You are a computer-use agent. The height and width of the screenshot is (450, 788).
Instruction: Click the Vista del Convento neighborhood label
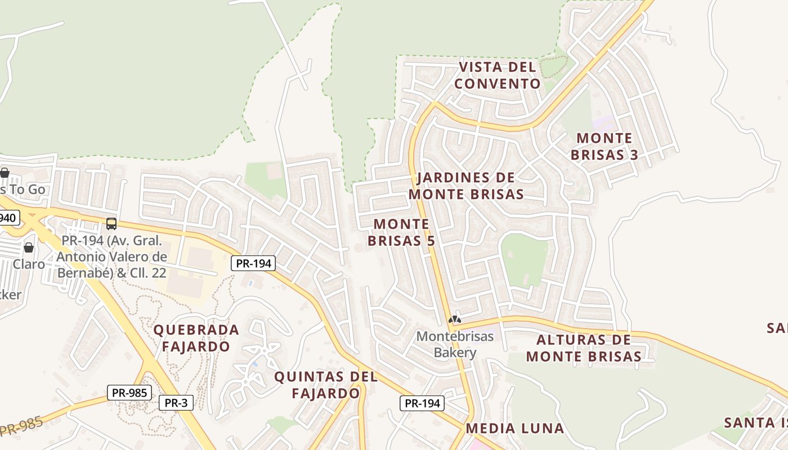coord(498,75)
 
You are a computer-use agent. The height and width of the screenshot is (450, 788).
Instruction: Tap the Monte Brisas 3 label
coord(605,146)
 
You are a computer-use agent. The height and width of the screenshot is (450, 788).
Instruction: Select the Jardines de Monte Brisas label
coord(466,186)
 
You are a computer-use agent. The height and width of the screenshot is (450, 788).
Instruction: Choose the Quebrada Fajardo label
coord(196,338)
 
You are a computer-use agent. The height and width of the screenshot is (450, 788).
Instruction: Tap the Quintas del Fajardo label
coord(325,385)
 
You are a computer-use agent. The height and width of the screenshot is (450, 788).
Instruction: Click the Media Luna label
coord(514,429)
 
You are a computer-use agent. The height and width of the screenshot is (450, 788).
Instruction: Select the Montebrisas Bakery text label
coord(455,344)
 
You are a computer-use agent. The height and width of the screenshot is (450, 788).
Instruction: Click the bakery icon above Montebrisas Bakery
coord(454,319)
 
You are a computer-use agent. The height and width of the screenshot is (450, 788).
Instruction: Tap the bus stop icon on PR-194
coord(111,224)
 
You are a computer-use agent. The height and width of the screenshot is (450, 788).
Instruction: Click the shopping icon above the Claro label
coord(29,247)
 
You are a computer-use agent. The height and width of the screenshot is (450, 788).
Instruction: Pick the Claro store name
coord(29,264)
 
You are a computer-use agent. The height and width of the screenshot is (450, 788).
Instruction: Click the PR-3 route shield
coord(176,403)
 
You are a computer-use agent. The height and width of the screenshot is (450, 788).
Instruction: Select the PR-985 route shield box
coord(129,393)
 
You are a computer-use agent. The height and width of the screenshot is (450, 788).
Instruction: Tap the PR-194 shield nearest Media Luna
coord(422,403)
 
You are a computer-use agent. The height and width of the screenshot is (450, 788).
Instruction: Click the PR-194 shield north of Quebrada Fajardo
coord(253,263)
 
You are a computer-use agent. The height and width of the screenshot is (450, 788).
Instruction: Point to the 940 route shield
coord(9,218)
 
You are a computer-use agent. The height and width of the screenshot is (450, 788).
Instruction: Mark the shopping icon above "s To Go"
coord(5,173)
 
